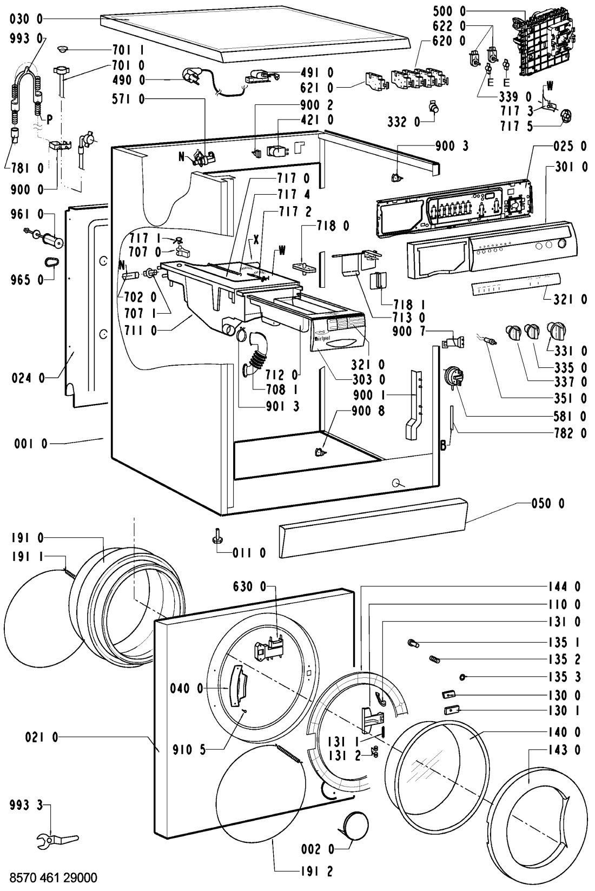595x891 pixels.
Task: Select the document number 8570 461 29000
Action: click(x=50, y=877)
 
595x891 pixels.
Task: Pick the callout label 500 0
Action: click(x=449, y=12)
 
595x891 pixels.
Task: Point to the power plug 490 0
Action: click(x=193, y=76)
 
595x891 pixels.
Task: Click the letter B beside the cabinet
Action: click(x=444, y=446)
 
